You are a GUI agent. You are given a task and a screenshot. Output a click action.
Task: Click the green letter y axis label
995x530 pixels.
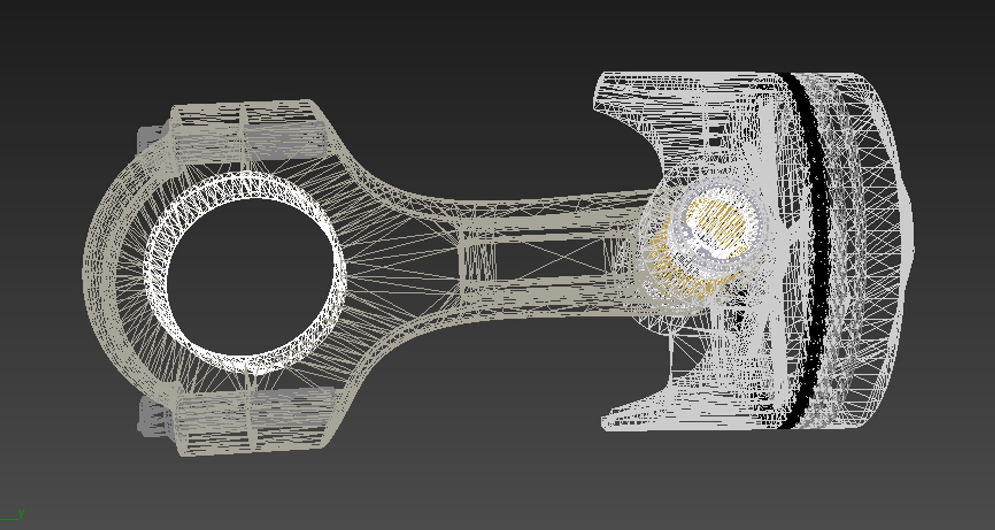coord(21,513)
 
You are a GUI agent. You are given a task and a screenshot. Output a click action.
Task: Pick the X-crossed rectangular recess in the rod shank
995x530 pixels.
coord(549,257)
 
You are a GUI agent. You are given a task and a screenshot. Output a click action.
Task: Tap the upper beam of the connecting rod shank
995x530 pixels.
coord(544,213)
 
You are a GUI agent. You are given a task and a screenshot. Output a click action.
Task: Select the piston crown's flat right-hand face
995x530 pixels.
coord(904,249)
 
